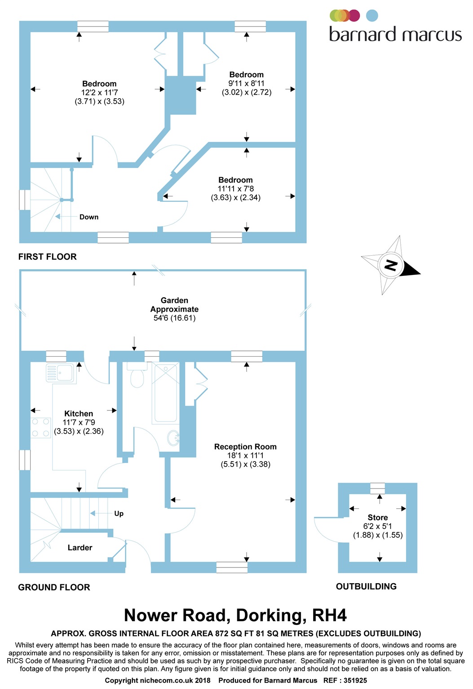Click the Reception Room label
pyautogui.click(x=245, y=447)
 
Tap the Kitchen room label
pyautogui.click(x=79, y=414)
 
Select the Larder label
pyautogui.click(x=80, y=548)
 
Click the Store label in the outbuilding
pyautogui.click(x=378, y=518)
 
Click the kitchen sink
pyautogui.click(x=61, y=373)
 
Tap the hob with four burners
pyautogui.click(x=40, y=427)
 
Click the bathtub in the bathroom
pyautogui.click(x=166, y=393)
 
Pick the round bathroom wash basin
pyautogui.click(x=173, y=438)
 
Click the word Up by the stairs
pyautogui.click(x=119, y=514)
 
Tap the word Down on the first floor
pyautogui.click(x=89, y=217)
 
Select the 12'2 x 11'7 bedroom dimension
pyautogui.click(x=99, y=92)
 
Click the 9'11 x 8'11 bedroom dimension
pyautogui.click(x=246, y=83)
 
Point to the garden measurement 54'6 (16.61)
pyautogui.click(x=174, y=318)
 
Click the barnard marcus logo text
pyautogui.click(x=395, y=34)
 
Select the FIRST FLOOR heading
pyautogui.click(x=48, y=257)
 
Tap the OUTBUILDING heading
pyautogui.click(x=366, y=586)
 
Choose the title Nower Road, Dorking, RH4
pyautogui.click(x=235, y=615)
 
